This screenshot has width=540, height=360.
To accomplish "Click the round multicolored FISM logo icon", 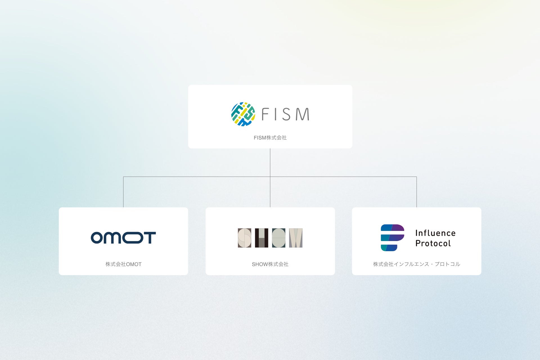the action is [x=243, y=114].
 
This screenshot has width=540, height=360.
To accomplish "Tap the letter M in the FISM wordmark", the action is [x=302, y=114].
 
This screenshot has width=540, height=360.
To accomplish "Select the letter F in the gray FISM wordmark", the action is [x=265, y=114].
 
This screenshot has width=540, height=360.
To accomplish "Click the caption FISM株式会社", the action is [x=270, y=138].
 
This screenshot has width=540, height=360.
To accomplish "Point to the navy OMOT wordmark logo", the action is [x=123, y=238].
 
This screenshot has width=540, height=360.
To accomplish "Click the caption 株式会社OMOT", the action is [x=123, y=264].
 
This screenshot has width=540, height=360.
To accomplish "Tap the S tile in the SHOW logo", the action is [x=244, y=238].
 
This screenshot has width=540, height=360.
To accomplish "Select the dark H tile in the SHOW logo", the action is [x=262, y=238].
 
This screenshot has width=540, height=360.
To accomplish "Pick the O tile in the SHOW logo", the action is [x=278, y=238].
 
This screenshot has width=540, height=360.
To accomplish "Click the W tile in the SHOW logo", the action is [x=296, y=238].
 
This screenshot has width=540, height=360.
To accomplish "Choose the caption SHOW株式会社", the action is [x=270, y=264].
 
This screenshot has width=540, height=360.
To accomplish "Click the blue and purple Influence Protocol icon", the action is [x=392, y=238].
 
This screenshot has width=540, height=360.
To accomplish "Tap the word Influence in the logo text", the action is [x=435, y=233].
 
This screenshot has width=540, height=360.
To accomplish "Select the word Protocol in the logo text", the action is [x=433, y=243].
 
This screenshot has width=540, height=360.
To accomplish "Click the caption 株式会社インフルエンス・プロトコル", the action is [x=417, y=264].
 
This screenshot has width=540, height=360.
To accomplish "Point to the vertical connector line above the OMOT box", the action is [x=123, y=192].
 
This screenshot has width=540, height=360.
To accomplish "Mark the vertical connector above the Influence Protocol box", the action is [x=417, y=192].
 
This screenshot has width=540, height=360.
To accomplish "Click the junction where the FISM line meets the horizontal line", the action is [x=270, y=177].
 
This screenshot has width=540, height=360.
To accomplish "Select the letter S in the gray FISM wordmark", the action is [x=286, y=114].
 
